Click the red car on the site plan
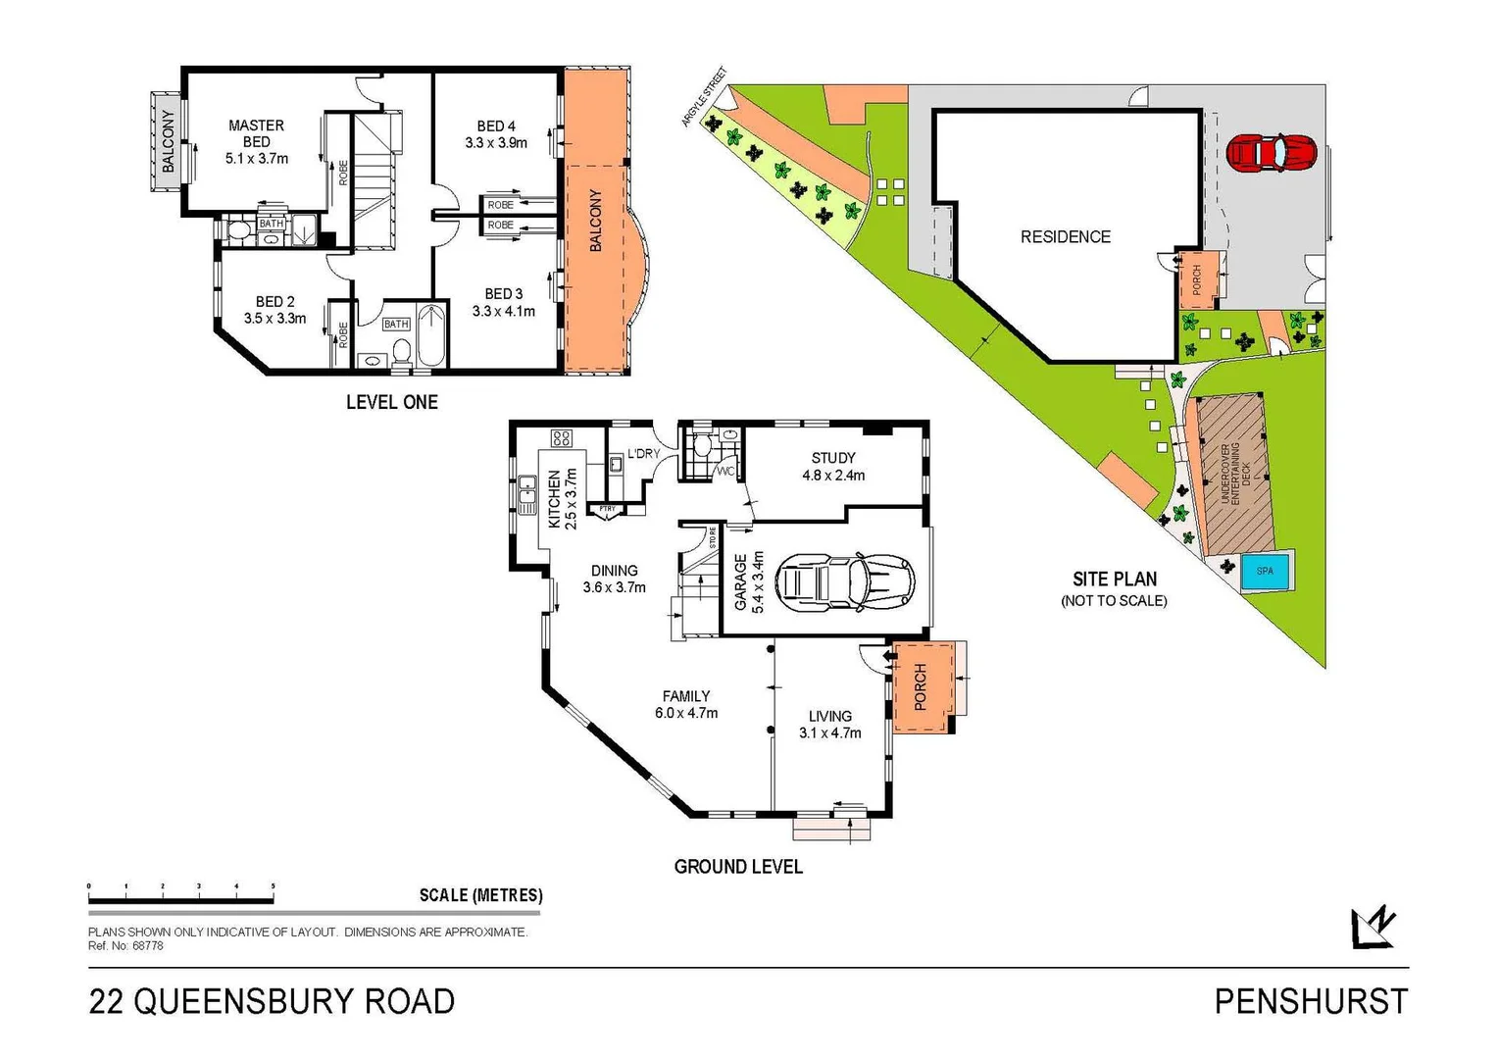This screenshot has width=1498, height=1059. click(1271, 152)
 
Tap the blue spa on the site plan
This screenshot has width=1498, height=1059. click(1265, 571)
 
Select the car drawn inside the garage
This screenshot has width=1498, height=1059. click(844, 582)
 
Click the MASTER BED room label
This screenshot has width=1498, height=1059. click(256, 133)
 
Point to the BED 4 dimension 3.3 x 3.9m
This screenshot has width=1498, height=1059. click(496, 143)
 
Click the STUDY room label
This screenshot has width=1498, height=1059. click(833, 458)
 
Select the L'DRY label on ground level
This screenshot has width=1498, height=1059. click(643, 453)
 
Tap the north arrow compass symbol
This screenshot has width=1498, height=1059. click(1373, 927)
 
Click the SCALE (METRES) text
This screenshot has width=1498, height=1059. click(480, 895)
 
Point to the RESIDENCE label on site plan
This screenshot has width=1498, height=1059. click(1066, 237)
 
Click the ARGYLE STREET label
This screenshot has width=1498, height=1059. click(705, 97)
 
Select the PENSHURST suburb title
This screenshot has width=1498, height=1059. click(1311, 1002)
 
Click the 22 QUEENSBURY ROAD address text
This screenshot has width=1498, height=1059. click(272, 1002)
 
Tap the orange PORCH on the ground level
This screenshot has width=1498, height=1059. click(922, 686)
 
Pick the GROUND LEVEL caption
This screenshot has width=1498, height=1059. click(738, 867)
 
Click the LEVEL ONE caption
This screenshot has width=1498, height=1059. click(392, 402)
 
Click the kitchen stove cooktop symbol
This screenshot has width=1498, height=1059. click(561, 438)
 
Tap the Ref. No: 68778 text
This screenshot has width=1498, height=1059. click(125, 946)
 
